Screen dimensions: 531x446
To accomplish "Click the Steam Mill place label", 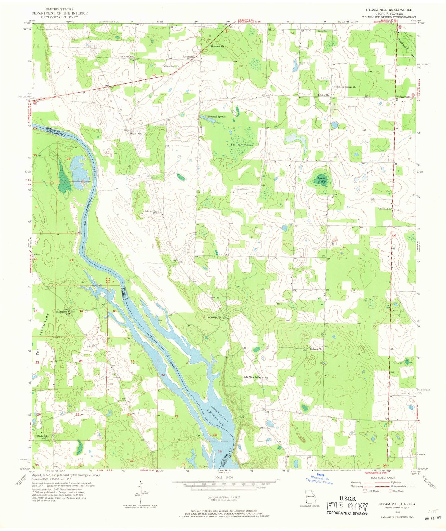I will (136, 134).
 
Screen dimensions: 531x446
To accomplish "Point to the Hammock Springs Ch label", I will (344, 87).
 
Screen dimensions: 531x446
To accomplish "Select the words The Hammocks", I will (242, 145).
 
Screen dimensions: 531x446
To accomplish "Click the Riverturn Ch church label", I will (217, 46).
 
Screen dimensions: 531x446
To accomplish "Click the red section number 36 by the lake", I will (68, 159).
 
